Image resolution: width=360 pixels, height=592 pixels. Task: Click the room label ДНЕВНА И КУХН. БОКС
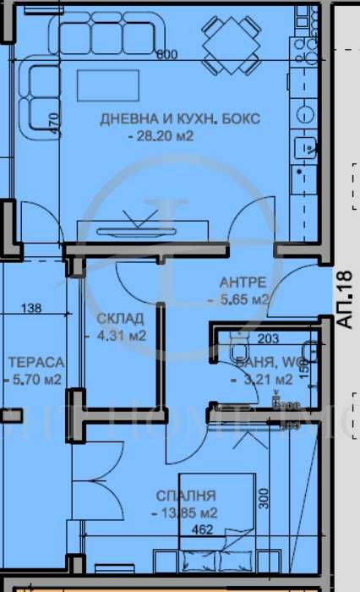180,119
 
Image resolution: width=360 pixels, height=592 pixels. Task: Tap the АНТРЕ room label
243,282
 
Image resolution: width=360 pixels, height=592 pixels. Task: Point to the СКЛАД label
120,318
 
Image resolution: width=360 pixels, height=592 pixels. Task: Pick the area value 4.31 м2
117,335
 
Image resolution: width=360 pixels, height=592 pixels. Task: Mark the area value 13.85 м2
184,513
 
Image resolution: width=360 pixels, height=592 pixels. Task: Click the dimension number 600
166,55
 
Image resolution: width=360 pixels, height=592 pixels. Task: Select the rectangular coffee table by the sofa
104,86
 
